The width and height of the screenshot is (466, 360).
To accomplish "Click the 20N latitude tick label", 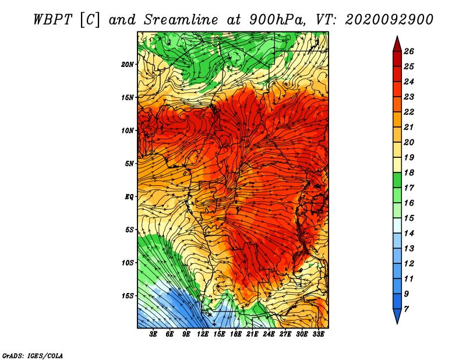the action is pyautogui.click(x=128, y=65).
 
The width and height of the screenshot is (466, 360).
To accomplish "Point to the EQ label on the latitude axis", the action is pyautogui.click(x=129, y=197).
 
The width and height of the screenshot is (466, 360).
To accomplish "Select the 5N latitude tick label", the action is pyautogui.click(x=129, y=164).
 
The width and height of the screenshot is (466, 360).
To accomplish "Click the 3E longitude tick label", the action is pyautogui.click(x=153, y=334).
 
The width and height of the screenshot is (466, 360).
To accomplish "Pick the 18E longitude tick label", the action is pyautogui.click(x=236, y=334).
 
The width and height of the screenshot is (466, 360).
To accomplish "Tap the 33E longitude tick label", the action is pyautogui.click(x=318, y=334).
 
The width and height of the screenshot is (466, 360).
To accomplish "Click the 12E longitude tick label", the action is pyautogui.click(x=203, y=334).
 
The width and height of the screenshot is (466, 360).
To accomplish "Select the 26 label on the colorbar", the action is pyautogui.click(x=409, y=51).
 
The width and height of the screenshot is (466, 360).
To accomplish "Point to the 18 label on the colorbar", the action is pyautogui.click(x=409, y=172).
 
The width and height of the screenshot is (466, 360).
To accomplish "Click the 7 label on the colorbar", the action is pyautogui.click(x=406, y=309).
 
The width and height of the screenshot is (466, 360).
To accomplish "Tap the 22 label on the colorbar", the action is pyautogui.click(x=409, y=112).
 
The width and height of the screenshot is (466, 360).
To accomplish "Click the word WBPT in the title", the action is pyautogui.click(x=52, y=20).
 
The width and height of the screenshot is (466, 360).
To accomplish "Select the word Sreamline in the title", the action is pyautogui.click(x=181, y=20).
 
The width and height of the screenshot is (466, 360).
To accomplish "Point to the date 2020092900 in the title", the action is pyautogui.click(x=389, y=20).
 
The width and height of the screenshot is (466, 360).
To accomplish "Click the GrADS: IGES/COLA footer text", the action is pyautogui.click(x=33, y=356).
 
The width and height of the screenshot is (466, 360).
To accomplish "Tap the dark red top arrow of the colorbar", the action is pyautogui.click(x=397, y=45).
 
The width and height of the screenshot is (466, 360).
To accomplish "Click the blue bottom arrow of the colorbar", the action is pyautogui.click(x=397, y=315).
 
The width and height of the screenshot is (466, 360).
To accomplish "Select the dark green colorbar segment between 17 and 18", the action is pyautogui.click(x=397, y=180).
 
